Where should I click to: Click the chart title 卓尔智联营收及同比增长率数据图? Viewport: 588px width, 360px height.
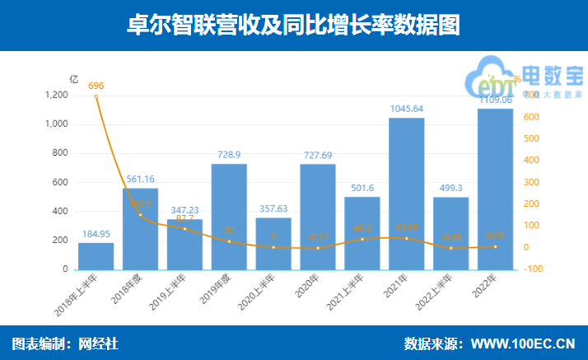(293, 25)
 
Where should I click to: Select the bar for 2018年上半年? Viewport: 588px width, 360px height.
(96, 256)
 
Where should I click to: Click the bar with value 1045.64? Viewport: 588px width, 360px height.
(406, 194)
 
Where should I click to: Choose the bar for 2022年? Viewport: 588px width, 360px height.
(495, 189)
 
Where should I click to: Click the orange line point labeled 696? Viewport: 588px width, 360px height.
(96, 96)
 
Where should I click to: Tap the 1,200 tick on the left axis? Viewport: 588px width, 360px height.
(55, 96)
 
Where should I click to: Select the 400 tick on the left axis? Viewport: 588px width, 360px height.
(59, 212)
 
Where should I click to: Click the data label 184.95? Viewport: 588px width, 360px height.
(96, 234)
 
